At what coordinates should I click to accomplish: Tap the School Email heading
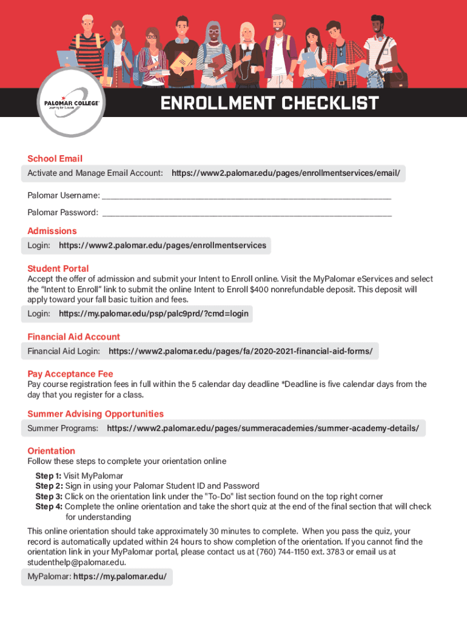(x=55, y=159)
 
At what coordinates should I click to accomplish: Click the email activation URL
(x=286, y=174)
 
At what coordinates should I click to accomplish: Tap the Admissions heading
(x=52, y=231)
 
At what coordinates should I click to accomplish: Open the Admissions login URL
(x=162, y=246)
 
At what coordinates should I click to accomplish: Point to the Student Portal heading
(x=58, y=269)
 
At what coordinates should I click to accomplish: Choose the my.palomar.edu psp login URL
(x=153, y=314)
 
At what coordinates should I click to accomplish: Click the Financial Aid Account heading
(x=73, y=337)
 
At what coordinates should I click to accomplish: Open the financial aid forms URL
(x=240, y=351)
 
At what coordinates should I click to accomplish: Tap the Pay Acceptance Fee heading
(x=70, y=374)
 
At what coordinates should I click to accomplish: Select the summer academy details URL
(x=263, y=429)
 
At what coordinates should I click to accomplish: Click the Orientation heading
(x=52, y=451)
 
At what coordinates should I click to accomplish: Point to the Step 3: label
(x=49, y=497)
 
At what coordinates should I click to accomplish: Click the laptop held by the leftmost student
(x=68, y=59)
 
